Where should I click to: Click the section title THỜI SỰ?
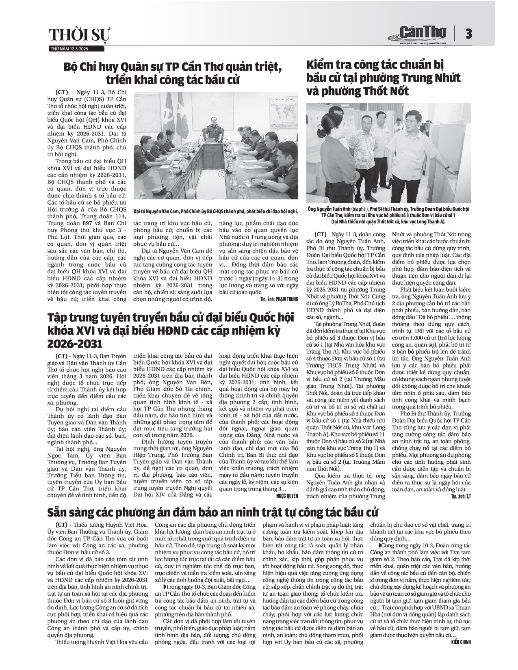click(x=79, y=35)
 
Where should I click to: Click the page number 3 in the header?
click(x=468, y=34)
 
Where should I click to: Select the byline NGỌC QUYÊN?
click(x=287, y=496)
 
